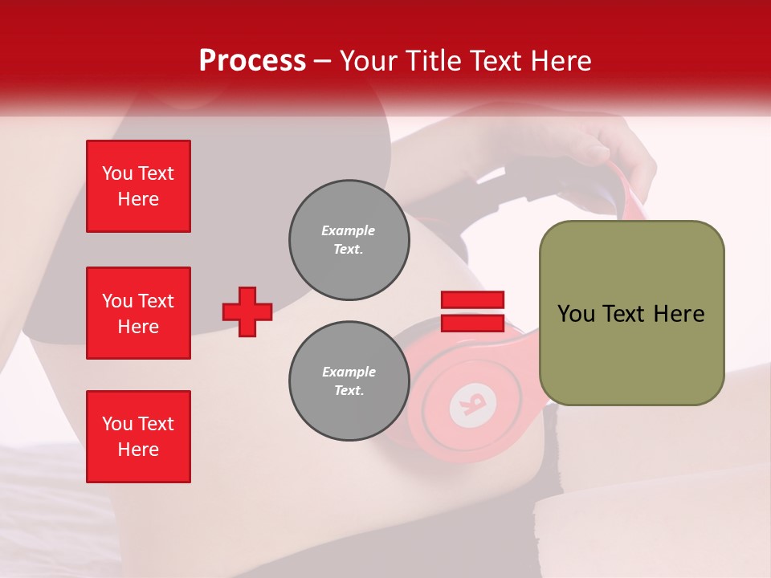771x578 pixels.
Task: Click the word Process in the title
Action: [252, 61]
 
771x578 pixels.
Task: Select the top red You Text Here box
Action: [138, 186]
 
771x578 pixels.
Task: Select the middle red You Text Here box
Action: [138, 313]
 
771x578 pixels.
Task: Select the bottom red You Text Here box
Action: [138, 437]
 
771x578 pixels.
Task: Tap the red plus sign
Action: [247, 311]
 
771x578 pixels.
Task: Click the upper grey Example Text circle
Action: [349, 239]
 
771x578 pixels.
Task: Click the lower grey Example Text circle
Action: [349, 381]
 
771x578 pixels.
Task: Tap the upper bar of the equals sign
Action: [472, 299]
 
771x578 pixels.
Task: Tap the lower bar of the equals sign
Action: [472, 323]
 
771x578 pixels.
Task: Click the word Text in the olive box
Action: [626, 314]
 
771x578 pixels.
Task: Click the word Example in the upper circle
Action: [349, 230]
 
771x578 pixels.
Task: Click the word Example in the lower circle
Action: [349, 372]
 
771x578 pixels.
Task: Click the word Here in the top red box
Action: [138, 199]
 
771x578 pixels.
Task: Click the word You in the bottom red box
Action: [116, 424]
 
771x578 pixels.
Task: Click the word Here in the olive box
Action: [679, 314]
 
